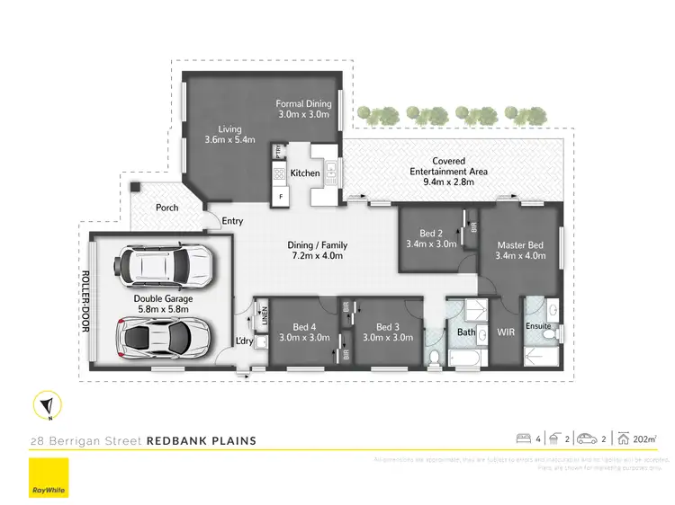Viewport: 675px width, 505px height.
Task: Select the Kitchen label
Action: coord(305,173)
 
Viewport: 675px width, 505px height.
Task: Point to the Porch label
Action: coord(166,208)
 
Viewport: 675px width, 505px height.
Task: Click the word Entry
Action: coord(233,221)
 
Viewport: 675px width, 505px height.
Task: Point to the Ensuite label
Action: coord(539,325)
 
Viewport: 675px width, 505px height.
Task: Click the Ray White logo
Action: coord(50,478)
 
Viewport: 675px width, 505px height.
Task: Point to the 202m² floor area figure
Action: coord(643,439)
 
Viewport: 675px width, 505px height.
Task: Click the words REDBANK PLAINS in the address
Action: coord(202,440)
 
